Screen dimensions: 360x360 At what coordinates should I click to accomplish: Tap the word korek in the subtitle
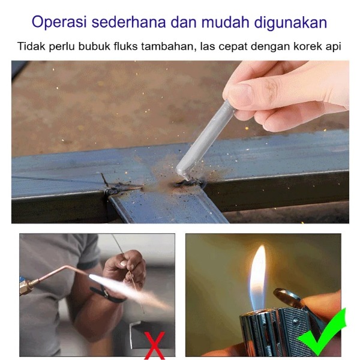coord(305,46)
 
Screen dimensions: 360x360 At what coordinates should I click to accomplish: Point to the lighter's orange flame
coord(259,270)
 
